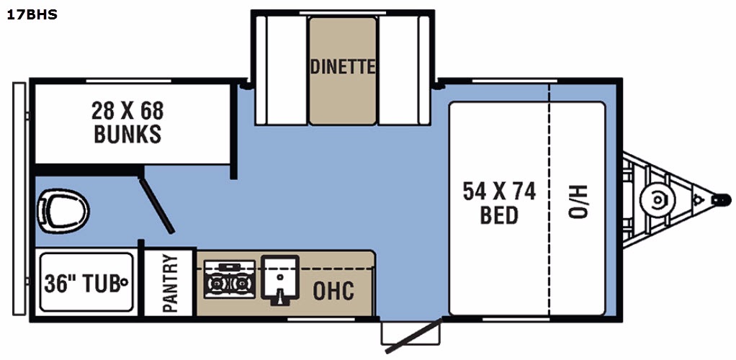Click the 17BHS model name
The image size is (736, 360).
click(32, 15)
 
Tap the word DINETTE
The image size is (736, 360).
click(343, 67)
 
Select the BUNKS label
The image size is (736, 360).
click(127, 134)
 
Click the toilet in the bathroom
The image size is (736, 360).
click(63, 211)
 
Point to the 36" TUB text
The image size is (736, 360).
click(82, 283)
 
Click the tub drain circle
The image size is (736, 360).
click(125, 282)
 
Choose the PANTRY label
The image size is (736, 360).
click(170, 283)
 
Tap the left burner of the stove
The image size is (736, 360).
click(217, 284)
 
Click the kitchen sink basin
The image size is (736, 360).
click(279, 277)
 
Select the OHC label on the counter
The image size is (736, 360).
click(333, 291)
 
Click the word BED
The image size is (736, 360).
click(499, 215)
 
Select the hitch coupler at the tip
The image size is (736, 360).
click(722, 200)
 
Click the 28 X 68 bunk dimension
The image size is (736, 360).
click(127, 111)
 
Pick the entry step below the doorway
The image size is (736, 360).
click(410, 333)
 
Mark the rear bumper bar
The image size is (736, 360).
click(19, 199)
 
